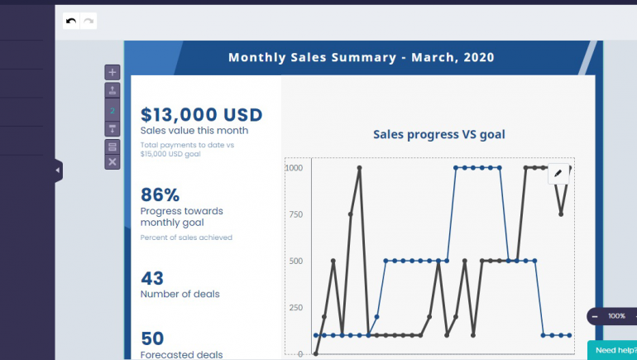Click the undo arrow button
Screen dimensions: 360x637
72,21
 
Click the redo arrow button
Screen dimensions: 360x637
89,21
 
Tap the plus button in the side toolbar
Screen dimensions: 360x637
113,72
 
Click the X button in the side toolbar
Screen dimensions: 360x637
113,162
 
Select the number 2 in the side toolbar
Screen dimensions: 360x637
113,111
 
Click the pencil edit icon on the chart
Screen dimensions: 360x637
558,173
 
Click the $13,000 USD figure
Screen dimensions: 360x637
201,115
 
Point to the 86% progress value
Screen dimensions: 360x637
160,195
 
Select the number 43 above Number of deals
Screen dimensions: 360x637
152,278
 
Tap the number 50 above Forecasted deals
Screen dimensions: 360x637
152,338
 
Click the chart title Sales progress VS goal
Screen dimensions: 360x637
438,134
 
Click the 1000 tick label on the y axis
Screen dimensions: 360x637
293,167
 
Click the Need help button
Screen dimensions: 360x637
615,351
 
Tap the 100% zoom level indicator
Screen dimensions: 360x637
616,316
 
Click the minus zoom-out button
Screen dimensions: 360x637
595,316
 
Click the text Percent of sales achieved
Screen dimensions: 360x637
186,238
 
